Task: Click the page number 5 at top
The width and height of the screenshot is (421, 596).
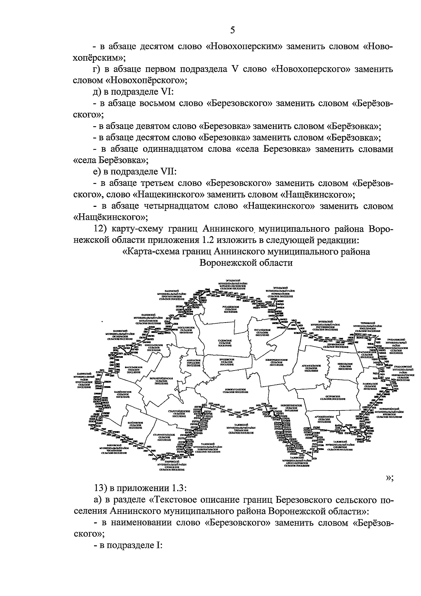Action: click(232, 31)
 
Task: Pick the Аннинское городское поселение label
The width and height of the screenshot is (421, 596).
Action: click(193, 362)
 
